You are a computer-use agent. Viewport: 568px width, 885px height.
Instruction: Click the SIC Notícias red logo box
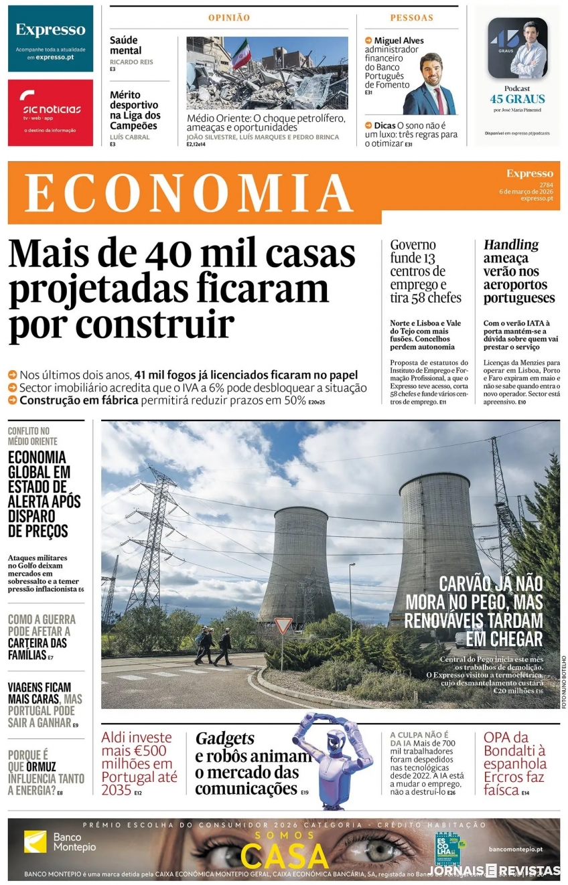pos(50,112)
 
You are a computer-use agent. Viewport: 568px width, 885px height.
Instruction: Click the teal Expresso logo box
pos(50,38)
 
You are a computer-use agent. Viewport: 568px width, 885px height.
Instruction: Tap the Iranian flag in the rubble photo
pos(240,53)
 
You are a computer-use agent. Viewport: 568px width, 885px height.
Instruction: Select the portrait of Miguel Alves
pos(429,85)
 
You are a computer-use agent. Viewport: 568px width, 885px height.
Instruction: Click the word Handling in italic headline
pos(511,245)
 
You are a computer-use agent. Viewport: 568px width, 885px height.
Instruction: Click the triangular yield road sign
pos(283,625)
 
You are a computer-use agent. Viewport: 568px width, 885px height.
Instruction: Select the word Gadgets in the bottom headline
pos(225,738)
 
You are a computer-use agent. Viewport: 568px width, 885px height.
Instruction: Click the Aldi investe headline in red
pos(138,763)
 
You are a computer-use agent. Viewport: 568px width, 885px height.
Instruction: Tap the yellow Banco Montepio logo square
pos(35,841)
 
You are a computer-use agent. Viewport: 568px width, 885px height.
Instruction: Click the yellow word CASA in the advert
pos(285,857)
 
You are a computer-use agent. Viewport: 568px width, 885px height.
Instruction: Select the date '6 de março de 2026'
pos(526,191)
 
